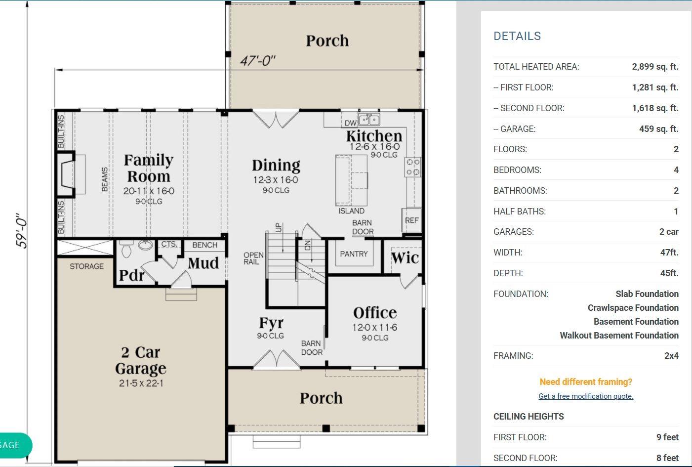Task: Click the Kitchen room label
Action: pos(374,136)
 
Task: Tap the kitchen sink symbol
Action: pos(369,119)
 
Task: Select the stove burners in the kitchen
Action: pos(413,167)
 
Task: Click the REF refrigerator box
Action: pos(411,220)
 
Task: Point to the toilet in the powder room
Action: pos(126,249)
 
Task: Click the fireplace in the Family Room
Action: pos(66,174)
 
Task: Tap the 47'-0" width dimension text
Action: pos(258,61)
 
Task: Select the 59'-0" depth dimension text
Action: pos(22,230)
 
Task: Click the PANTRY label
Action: pos(354,254)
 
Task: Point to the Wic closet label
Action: pos(405,258)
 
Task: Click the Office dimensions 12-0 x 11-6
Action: pos(375,327)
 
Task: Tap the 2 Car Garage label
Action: pos(141,360)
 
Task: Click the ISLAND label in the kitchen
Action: pos(351,211)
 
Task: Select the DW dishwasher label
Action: pos(350,123)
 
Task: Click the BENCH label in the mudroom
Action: pos(204,245)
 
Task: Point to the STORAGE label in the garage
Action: pos(86,266)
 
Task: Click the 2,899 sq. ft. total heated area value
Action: pos(655,66)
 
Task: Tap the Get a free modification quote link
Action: pos(586,396)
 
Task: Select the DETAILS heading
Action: pos(517,36)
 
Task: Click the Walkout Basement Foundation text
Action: pos(619,336)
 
